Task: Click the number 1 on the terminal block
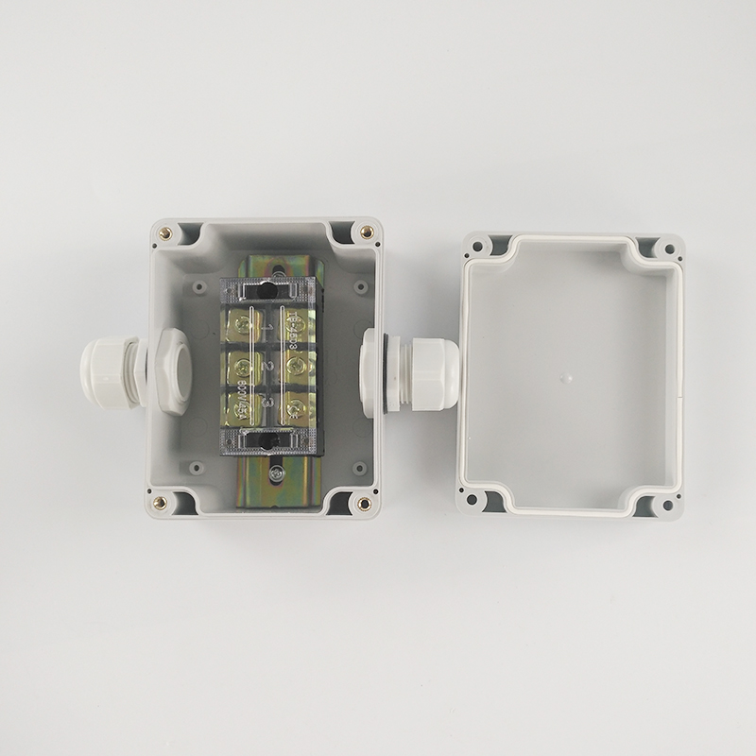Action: [268, 328]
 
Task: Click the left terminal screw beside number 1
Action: [245, 326]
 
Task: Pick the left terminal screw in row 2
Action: [245, 368]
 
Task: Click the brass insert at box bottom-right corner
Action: [365, 503]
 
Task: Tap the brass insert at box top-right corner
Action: [366, 232]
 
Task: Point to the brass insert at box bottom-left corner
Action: [161, 502]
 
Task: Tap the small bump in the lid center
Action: [566, 377]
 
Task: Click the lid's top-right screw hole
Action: [669, 249]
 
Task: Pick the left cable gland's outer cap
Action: [106, 373]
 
